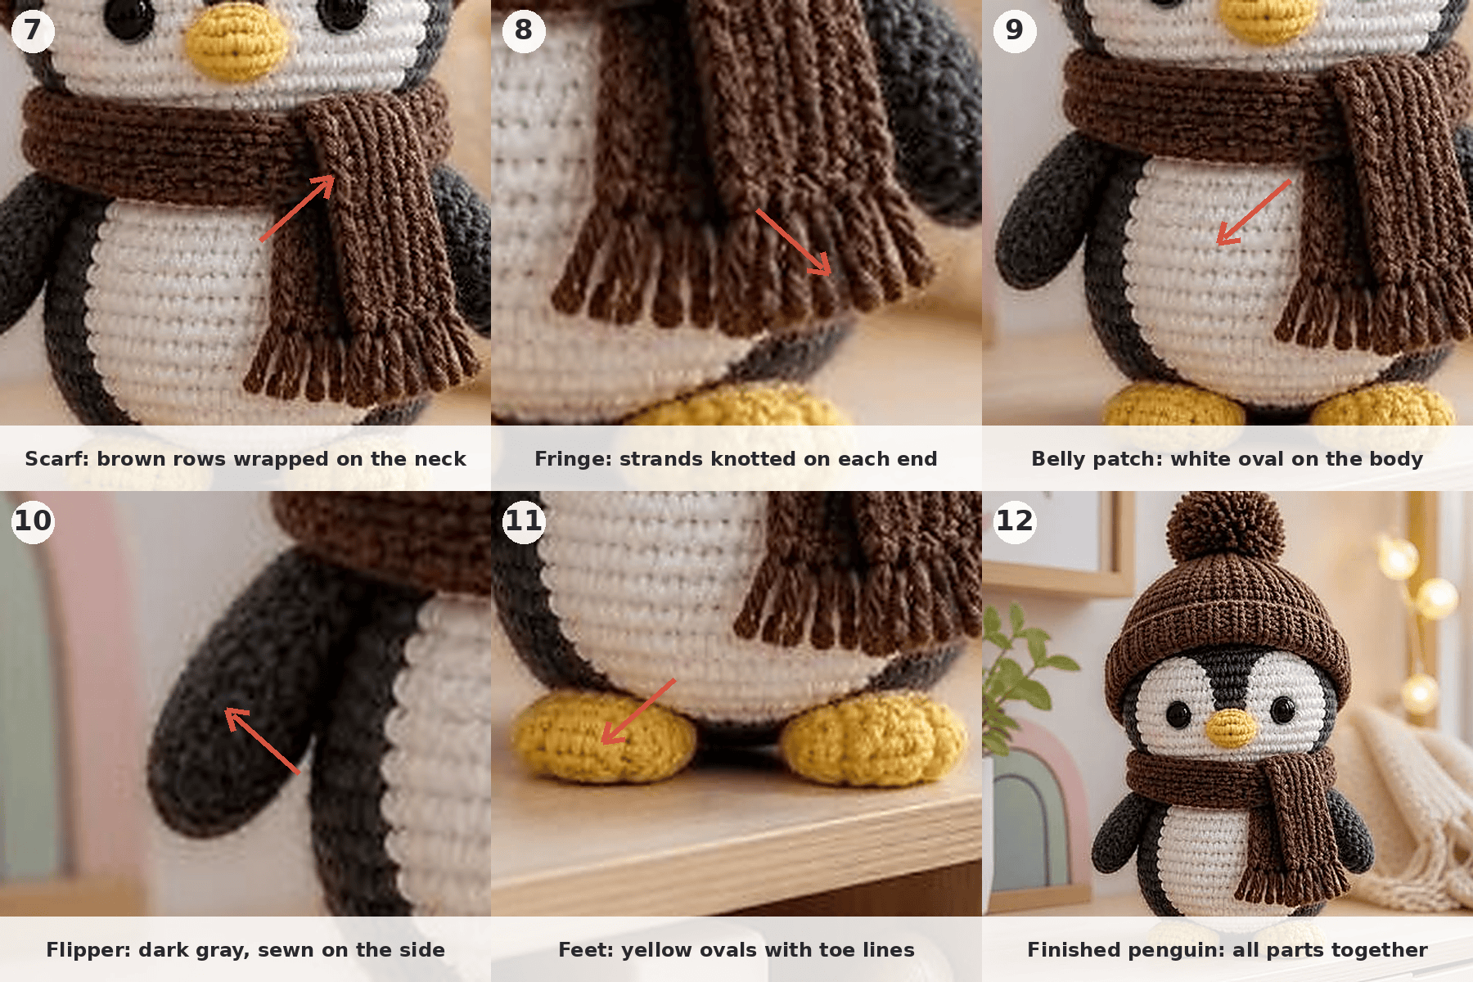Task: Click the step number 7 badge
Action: point(33,30)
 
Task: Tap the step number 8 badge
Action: point(524,30)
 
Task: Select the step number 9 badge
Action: point(1015,30)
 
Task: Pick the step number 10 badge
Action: point(33,521)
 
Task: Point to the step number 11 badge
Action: point(524,521)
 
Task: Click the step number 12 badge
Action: point(1015,521)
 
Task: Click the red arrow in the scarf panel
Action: point(297,209)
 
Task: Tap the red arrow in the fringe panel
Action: point(793,242)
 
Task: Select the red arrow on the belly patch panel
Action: point(1254,212)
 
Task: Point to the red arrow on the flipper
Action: point(263,741)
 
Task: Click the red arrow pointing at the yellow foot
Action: point(638,711)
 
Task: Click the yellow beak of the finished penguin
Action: point(1232,726)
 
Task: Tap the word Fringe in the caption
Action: point(573,459)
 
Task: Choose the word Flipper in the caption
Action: point(88,950)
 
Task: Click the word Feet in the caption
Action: point(586,950)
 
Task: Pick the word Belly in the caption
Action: point(1058,459)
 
